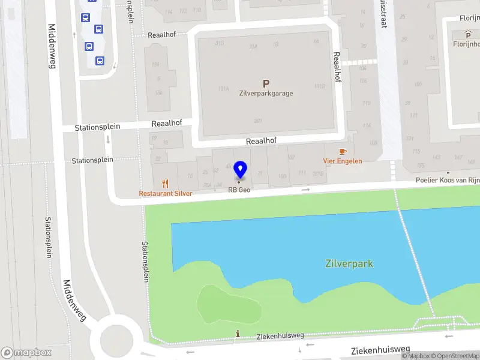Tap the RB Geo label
tap(239, 190)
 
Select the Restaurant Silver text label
tap(166, 194)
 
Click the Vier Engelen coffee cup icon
tap(343, 152)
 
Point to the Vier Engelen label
tap(343, 161)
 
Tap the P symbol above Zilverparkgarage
tap(266, 84)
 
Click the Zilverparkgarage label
tap(266, 94)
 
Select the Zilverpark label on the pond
tap(349, 263)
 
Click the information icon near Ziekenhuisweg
tap(238, 334)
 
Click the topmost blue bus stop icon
tap(86, 17)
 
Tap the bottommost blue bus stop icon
tap(100, 60)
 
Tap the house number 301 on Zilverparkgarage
tap(258, 121)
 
